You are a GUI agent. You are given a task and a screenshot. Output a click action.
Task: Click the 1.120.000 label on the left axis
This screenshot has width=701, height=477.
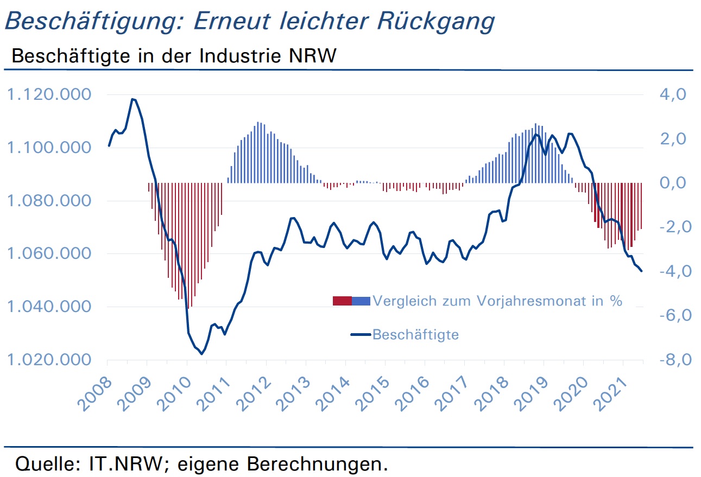point(49,94)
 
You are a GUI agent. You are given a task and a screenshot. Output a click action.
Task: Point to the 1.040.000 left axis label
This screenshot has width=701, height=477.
point(49,307)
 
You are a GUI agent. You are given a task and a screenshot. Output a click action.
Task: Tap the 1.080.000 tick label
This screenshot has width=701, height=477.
point(49,200)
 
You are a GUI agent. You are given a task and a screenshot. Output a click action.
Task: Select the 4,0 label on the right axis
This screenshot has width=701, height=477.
point(673,94)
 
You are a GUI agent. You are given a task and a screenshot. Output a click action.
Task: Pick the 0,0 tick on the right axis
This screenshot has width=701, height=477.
point(673,183)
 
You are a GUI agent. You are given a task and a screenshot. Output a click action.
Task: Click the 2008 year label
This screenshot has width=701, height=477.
point(95,395)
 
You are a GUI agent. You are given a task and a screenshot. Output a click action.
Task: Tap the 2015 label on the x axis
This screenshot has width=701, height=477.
point(372,395)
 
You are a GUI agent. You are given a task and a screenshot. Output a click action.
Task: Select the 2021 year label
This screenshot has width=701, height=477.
point(611,395)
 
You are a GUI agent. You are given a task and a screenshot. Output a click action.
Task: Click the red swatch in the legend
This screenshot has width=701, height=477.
point(343,301)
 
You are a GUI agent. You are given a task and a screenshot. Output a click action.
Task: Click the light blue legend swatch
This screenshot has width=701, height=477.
point(361,301)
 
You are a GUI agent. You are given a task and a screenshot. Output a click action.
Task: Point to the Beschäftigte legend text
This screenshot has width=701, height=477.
point(415,335)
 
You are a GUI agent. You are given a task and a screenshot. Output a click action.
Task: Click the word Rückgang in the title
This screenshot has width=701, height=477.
point(436,22)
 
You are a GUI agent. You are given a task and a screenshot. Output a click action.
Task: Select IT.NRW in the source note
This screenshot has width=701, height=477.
point(126,463)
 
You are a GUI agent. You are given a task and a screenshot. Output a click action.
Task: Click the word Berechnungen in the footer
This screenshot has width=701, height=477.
point(317,463)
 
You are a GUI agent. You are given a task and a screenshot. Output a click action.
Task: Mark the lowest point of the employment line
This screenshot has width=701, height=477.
point(201,354)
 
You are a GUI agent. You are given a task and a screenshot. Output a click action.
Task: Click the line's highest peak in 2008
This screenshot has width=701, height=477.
point(132,99)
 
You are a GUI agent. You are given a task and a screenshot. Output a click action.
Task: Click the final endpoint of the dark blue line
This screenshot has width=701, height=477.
point(641,271)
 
